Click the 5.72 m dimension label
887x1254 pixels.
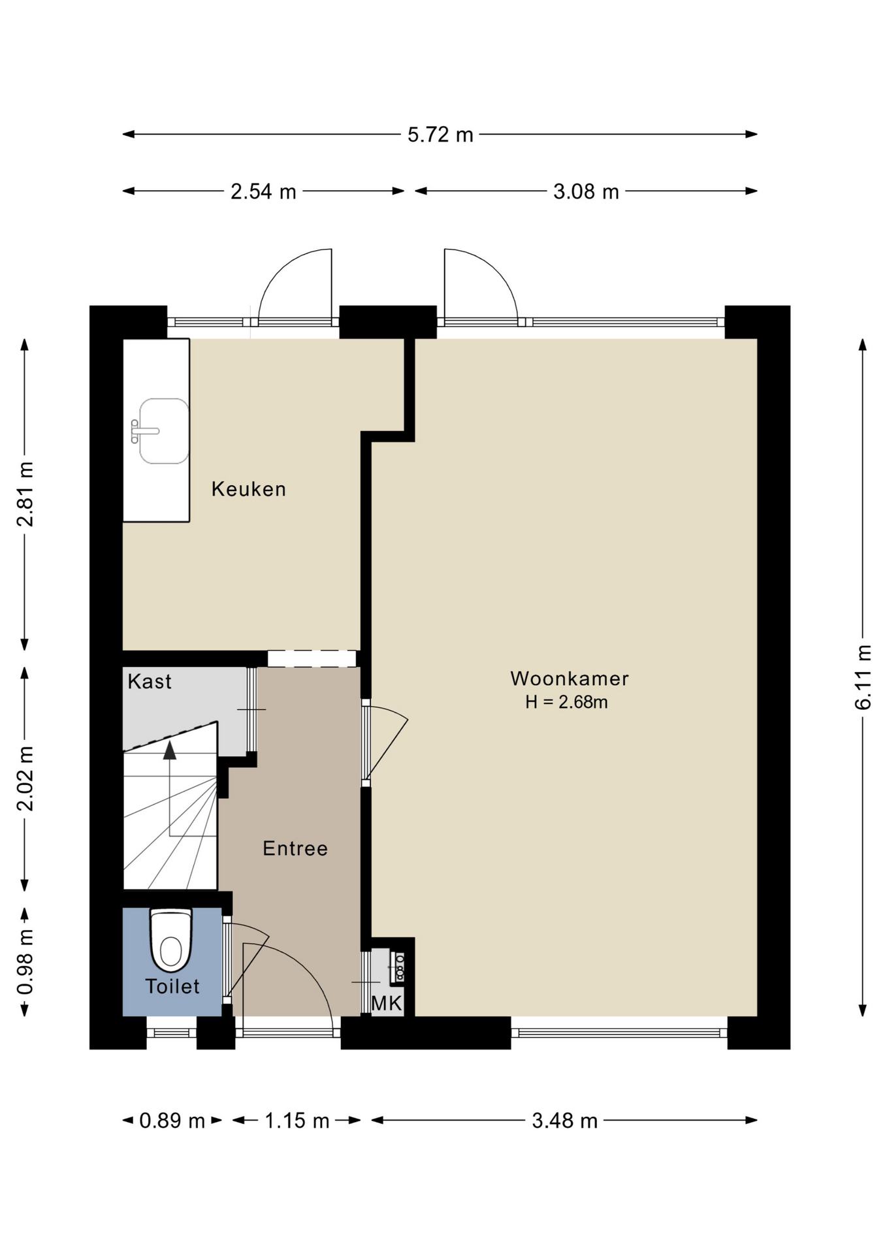(440, 135)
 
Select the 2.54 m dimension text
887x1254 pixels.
(263, 191)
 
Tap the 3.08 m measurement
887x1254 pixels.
(586, 191)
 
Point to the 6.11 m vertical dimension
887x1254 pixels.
(863, 677)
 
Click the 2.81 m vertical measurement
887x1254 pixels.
(25, 494)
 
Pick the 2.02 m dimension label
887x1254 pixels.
(25, 779)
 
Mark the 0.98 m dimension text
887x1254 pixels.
(25, 961)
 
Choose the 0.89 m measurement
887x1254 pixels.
(172, 1121)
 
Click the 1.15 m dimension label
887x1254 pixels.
(297, 1121)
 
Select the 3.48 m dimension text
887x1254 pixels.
(565, 1121)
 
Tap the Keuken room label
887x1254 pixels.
(249, 489)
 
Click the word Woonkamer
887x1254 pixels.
(570, 679)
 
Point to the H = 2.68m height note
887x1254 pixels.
(567, 702)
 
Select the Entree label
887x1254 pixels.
(295, 848)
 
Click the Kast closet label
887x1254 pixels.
(150, 681)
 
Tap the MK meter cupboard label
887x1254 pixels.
(387, 1003)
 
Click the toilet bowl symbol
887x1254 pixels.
(171, 941)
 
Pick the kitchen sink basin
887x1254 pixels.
(164, 431)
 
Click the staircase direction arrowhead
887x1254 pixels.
(170, 750)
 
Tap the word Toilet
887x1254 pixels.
(172, 986)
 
